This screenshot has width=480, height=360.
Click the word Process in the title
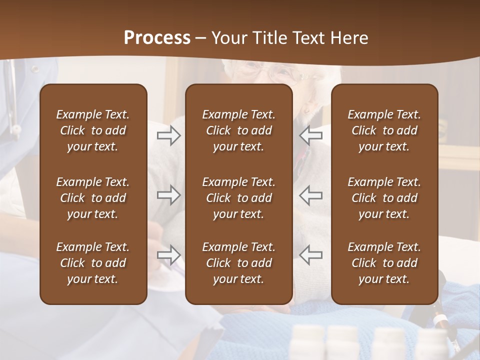[157, 38]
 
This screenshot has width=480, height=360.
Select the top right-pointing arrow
[168, 135]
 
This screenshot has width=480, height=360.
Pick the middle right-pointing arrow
[168, 195]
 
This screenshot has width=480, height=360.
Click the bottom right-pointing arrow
[168, 255]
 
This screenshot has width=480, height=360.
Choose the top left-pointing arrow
[310, 135]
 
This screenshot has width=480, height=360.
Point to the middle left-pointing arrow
[310, 195]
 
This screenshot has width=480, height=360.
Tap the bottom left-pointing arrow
[310, 255]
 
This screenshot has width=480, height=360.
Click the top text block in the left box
[93, 130]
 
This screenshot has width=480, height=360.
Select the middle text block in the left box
[93, 198]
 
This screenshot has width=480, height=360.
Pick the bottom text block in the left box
[93, 263]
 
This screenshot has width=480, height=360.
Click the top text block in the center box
[238, 130]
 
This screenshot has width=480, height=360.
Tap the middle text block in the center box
[238, 198]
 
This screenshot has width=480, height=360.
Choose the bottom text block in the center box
[238, 263]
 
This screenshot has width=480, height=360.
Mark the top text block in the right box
[384, 130]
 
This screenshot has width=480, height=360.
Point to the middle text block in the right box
[384, 198]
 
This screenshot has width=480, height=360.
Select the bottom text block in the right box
[384, 263]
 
